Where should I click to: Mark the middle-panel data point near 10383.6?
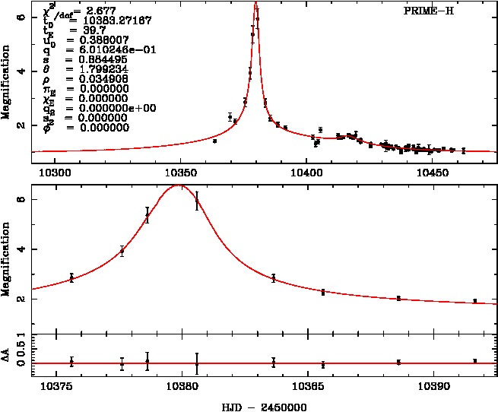(x=274, y=278)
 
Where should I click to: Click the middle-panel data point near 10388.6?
(x=398, y=298)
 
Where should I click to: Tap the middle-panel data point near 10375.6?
(x=71, y=278)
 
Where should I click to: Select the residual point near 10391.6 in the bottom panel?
(x=474, y=361)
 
